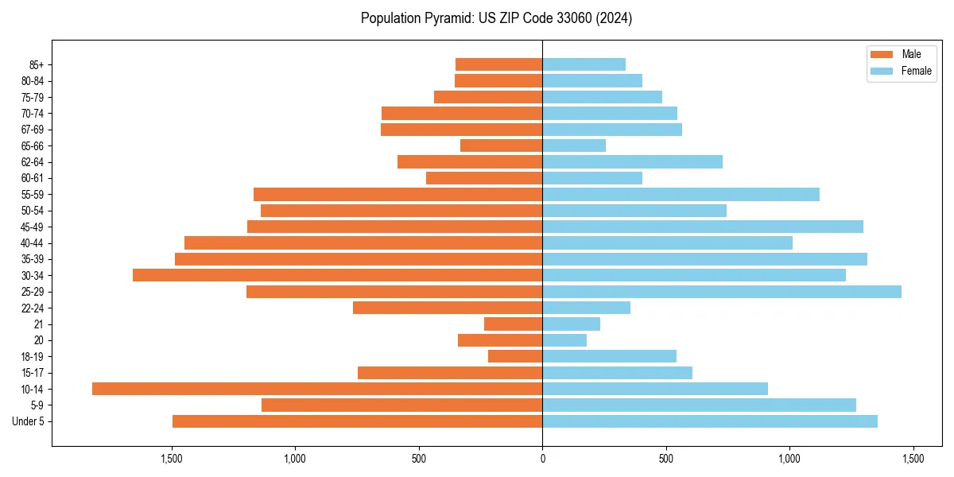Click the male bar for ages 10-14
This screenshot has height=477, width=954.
pyautogui.click(x=318, y=389)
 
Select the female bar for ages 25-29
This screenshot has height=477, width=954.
pyautogui.click(x=722, y=292)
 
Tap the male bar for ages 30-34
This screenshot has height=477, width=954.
pyautogui.click(x=338, y=275)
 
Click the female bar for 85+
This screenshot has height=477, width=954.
pyautogui.click(x=584, y=64)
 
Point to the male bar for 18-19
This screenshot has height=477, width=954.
pyautogui.click(x=515, y=356)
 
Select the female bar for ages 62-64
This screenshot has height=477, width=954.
pyautogui.click(x=633, y=161)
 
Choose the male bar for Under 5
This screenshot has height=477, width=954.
pyautogui.click(x=358, y=421)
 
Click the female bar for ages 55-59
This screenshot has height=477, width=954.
pyautogui.click(x=681, y=194)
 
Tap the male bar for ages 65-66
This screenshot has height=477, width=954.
pyautogui.click(x=502, y=145)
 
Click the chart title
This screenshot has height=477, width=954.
pyautogui.click(x=496, y=18)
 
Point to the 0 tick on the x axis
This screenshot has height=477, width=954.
pyautogui.click(x=542, y=459)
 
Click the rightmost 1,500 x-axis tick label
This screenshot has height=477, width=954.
pyautogui.click(x=913, y=459)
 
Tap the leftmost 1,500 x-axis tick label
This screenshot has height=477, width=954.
pyautogui.click(x=172, y=459)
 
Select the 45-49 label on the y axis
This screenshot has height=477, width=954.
pyautogui.click(x=32, y=227)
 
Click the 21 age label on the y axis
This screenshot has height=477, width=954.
pyautogui.click(x=39, y=324)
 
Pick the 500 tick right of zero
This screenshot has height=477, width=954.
pyautogui.click(x=666, y=459)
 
